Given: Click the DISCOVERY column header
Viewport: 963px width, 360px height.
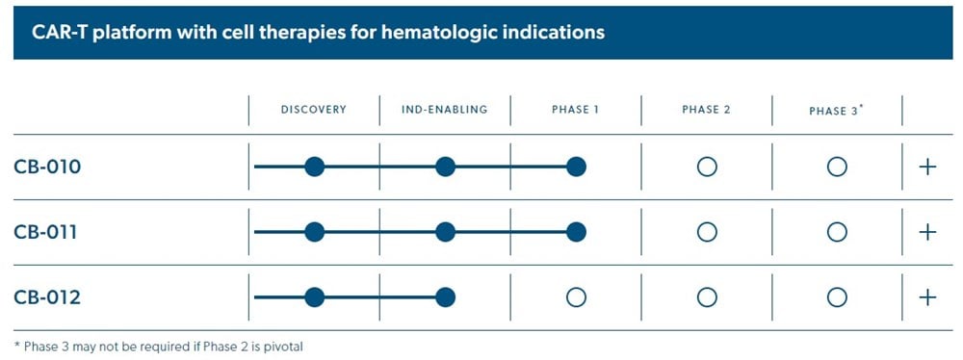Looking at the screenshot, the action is point(314,110).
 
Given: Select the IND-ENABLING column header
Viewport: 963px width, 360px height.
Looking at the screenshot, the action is point(445,110).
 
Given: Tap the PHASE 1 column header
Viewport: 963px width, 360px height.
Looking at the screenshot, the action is point(575,110).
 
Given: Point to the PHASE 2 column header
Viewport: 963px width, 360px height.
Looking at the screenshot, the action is point(706,110).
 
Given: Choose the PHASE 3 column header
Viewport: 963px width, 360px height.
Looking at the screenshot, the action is point(837,111).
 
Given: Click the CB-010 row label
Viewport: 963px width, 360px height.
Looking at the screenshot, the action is point(47,167).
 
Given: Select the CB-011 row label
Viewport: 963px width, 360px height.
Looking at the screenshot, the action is point(46,233).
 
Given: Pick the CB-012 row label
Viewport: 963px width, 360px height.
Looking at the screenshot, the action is point(47,298).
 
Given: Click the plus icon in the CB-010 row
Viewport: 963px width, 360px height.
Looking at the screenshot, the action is point(927,167).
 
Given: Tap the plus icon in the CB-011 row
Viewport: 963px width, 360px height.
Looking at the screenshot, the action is point(927,232).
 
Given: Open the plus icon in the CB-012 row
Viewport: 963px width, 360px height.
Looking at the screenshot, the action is point(927,297).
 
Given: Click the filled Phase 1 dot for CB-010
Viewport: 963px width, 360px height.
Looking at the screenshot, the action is point(576,167).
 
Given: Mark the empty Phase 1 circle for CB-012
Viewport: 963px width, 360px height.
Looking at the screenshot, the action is point(576,288).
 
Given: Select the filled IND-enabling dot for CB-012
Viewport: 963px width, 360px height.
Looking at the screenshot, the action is point(445,297).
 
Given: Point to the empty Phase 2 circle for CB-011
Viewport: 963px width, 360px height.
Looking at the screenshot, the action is point(707,223).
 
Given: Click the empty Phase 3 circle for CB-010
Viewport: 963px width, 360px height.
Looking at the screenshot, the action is point(837,158).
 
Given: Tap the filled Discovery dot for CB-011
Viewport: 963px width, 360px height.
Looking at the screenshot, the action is point(315,232).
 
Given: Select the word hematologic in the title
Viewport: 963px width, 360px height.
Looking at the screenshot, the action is point(438,33).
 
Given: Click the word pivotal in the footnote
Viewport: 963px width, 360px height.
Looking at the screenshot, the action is point(285,347).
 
